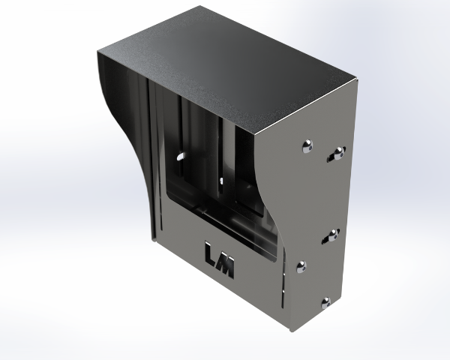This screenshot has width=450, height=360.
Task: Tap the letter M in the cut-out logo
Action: (226, 267)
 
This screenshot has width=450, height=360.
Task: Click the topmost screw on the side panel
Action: (307, 145)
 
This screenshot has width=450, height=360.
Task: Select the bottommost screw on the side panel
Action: (325, 303)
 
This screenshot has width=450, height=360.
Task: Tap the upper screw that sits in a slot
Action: (339, 153)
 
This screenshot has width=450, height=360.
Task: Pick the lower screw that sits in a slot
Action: (333, 235)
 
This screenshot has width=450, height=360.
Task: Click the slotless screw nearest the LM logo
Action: (301, 267)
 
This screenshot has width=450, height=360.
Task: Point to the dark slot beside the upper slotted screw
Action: (331, 157)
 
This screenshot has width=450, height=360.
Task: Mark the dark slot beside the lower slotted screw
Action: (325, 239)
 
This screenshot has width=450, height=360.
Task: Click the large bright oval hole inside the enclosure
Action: (181, 157)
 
